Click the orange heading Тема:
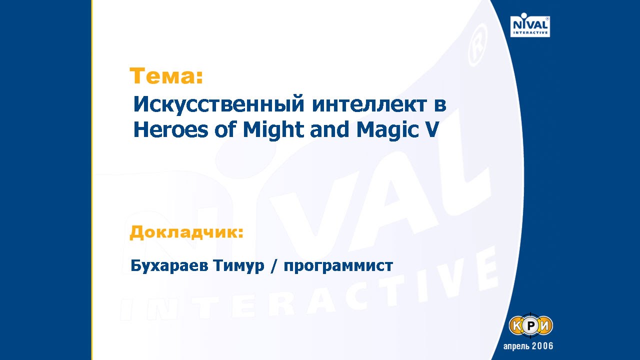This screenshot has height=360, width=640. tap(166, 76)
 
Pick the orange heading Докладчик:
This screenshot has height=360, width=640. tap(186, 232)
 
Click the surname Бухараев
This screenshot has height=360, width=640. tap(168, 266)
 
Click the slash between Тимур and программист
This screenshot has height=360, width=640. tap(273, 266)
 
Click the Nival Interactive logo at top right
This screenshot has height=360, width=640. tap(530, 25)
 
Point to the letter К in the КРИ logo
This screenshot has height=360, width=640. tap(517, 326)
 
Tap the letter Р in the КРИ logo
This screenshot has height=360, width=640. tap(531, 326)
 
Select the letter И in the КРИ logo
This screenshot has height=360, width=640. tap(544, 326)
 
